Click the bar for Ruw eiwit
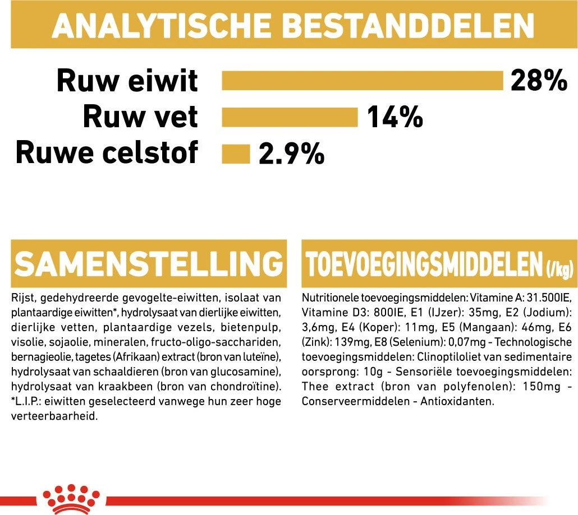(363, 81)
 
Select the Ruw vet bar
(290, 117)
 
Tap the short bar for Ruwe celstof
(236, 154)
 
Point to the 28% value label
(539, 81)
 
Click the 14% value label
(394, 117)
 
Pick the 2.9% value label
(291, 154)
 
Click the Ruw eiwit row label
(127, 81)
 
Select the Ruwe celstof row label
(107, 152)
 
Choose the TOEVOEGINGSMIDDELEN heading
(424, 264)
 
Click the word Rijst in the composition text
(22, 298)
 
